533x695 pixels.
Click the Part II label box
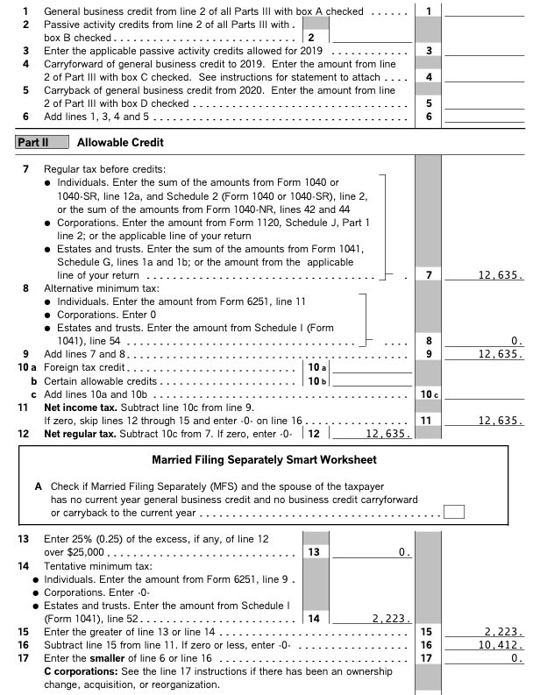click(x=32, y=142)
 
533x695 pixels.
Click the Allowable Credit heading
click(x=120, y=142)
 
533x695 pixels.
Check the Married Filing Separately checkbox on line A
click(x=453, y=512)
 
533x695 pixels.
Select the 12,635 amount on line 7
click(x=501, y=275)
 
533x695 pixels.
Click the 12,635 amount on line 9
click(x=501, y=354)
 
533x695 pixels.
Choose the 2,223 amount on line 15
click(x=504, y=631)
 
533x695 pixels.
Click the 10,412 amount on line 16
click(x=502, y=644)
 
